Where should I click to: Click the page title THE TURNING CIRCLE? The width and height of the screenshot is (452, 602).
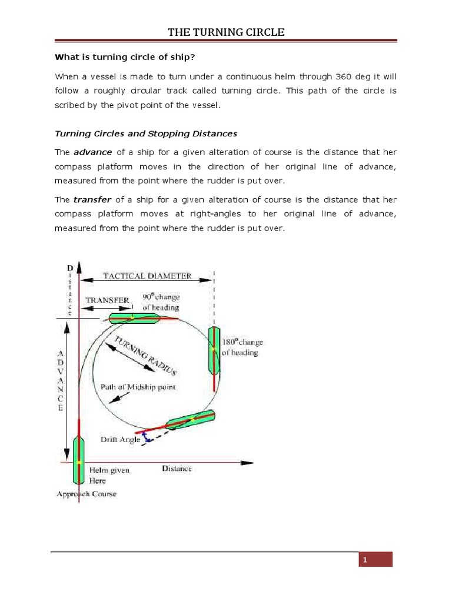(226, 32)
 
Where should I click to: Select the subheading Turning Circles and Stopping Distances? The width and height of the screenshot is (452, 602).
(145, 133)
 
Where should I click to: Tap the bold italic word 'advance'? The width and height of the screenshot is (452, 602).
(92, 152)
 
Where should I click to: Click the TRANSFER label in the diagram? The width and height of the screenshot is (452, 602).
(107, 299)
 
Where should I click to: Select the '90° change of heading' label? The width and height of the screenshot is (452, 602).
(161, 302)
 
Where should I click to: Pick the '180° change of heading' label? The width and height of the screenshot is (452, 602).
(243, 347)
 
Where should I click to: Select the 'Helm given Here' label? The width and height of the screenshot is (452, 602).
(109, 476)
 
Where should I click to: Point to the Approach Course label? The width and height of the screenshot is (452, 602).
(86, 494)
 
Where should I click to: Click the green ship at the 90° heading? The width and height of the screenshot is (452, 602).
(134, 318)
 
